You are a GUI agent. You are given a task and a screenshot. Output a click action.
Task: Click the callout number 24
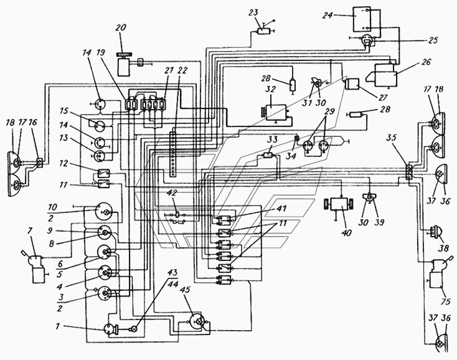pyautogui.click(x=327, y=15)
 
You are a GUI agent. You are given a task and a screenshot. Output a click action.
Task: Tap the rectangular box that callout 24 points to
pyautogui.click(x=361, y=19)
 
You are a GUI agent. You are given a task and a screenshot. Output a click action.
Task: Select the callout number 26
pyautogui.click(x=425, y=62)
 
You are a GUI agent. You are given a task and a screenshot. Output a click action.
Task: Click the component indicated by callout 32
pyautogui.click(x=275, y=112)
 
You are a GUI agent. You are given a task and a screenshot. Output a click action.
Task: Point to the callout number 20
pyautogui.click(x=121, y=27)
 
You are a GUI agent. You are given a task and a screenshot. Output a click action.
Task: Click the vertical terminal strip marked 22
pyautogui.click(x=173, y=154)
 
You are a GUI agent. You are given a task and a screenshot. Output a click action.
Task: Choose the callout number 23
pyautogui.click(x=253, y=13)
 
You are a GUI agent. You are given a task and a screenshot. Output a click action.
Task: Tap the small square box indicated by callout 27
pyautogui.click(x=352, y=85)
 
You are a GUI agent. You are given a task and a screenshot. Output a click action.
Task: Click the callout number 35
pyautogui.click(x=393, y=137)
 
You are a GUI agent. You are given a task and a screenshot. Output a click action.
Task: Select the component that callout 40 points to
pyautogui.click(x=338, y=204)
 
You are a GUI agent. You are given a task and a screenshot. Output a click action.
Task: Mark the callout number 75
pyautogui.click(x=445, y=301)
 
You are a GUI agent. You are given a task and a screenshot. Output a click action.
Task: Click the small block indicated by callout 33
pyautogui.click(x=268, y=155)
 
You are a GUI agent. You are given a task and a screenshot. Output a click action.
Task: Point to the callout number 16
pyautogui.click(x=33, y=123)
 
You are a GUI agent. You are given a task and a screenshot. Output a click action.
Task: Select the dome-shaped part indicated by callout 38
pyautogui.click(x=435, y=232)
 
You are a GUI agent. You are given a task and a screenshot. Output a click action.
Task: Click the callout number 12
pyautogui.click(x=64, y=163)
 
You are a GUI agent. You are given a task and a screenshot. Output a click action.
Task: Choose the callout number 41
pyautogui.click(x=282, y=209)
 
